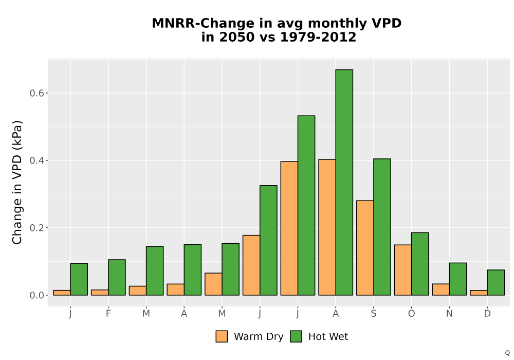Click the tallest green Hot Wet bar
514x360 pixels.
(x=344, y=182)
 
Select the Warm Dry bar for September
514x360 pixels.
(x=365, y=248)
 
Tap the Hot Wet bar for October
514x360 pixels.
(x=420, y=264)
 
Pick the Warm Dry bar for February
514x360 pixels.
(x=100, y=293)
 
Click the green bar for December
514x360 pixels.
(x=495, y=283)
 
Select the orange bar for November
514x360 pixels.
(x=441, y=290)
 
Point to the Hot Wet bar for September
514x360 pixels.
(x=382, y=227)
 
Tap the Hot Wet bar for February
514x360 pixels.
(x=117, y=277)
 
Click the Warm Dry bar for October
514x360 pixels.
(x=403, y=270)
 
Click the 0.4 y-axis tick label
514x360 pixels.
(x=36, y=160)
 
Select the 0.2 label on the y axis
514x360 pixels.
(x=36, y=228)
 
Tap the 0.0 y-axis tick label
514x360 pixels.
(x=36, y=295)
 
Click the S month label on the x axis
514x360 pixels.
(x=374, y=314)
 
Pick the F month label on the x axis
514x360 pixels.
(x=108, y=314)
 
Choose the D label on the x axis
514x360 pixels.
(x=487, y=314)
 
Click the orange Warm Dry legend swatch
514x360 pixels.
(x=222, y=336)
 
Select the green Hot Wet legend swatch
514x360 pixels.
(x=296, y=336)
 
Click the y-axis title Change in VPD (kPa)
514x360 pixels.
(x=17, y=183)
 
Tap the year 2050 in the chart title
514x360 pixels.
(x=236, y=37)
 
